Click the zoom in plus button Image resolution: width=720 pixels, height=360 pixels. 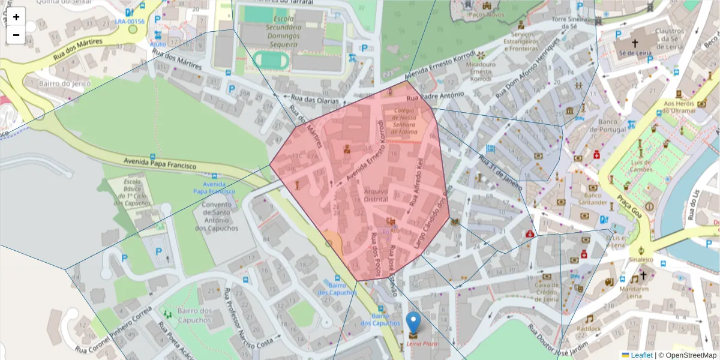click(x=16, y=17)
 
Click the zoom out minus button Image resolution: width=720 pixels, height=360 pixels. click(x=16, y=35)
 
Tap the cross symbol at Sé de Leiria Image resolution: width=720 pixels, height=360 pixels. click(x=635, y=43)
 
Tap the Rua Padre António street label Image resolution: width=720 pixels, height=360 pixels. click(x=435, y=97)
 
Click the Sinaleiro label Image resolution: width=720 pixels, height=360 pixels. click(x=641, y=260)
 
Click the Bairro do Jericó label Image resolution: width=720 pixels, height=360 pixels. click(x=64, y=83)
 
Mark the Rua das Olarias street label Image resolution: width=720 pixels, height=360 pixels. click(x=315, y=100)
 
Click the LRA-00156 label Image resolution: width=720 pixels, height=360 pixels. click(x=130, y=22)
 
